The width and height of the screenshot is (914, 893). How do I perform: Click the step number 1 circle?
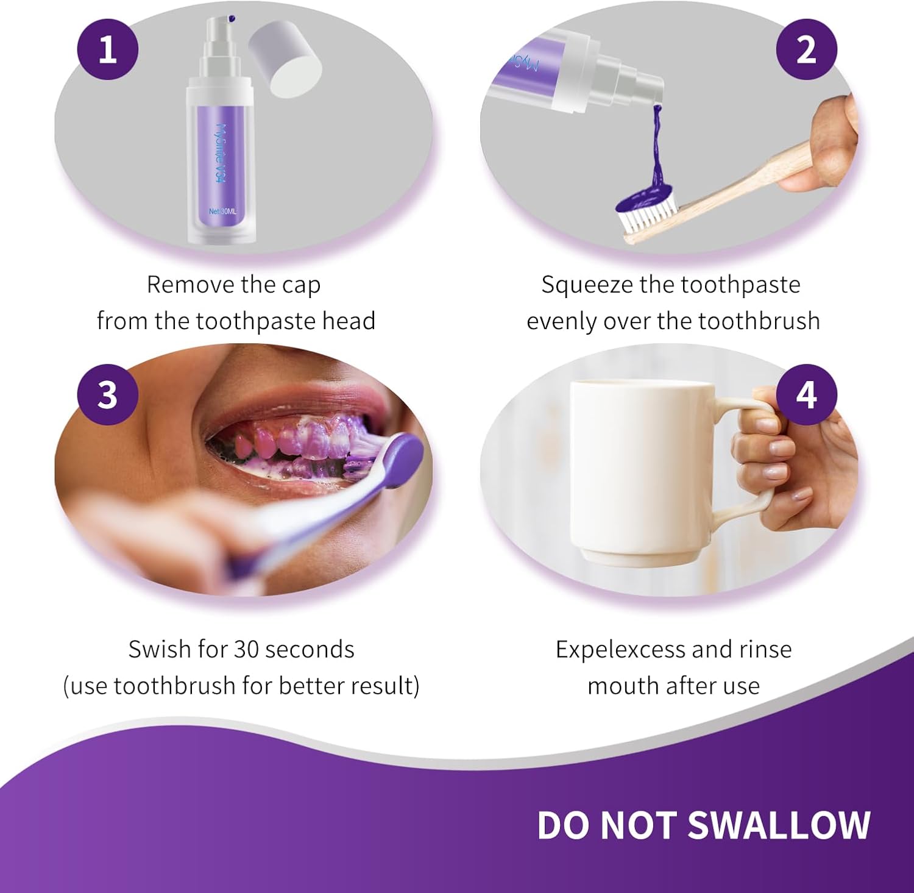[108, 49]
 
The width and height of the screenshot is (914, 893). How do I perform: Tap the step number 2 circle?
[806, 49]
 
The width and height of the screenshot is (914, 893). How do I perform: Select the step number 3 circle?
[108, 394]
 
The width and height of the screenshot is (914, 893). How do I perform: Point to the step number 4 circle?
[806, 394]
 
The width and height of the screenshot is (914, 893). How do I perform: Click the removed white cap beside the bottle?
[285, 58]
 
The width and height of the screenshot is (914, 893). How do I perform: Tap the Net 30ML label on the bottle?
[222, 212]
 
